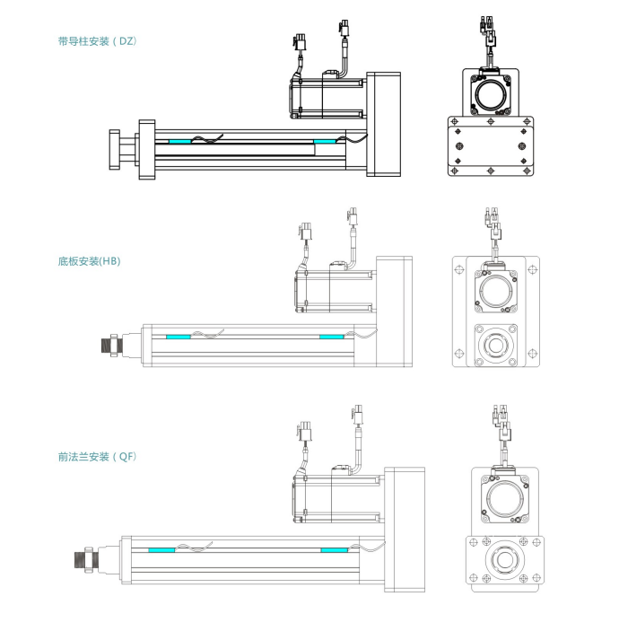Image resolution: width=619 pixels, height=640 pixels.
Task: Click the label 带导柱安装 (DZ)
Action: [97, 40]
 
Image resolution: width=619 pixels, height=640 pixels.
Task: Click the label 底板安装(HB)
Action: [89, 261]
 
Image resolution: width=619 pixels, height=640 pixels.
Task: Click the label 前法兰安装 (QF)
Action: [97, 456]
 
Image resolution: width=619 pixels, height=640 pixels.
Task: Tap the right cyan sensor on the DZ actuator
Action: [323, 141]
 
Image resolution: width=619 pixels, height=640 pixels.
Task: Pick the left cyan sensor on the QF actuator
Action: [161, 549]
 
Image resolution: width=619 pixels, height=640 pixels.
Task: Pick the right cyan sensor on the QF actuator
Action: [335, 549]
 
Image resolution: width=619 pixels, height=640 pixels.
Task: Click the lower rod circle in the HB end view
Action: [494, 344]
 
